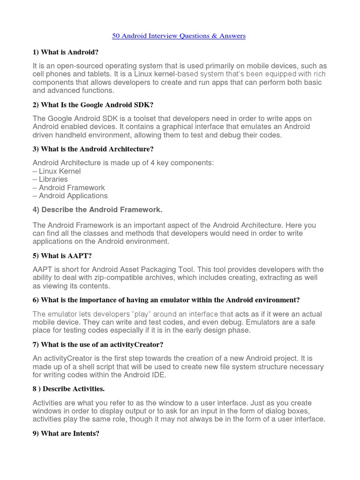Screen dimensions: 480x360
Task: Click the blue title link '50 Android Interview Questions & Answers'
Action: (x=179, y=36)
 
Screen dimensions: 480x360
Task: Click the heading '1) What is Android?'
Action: (x=66, y=52)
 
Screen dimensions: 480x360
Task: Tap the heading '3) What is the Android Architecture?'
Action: (x=93, y=149)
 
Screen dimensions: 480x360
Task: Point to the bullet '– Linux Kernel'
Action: (x=57, y=171)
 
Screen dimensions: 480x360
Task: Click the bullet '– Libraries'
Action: (x=50, y=179)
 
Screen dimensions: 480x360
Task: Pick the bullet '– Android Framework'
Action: (x=69, y=187)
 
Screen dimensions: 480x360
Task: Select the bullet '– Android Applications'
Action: (x=70, y=196)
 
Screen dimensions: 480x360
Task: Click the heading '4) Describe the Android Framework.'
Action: (x=97, y=210)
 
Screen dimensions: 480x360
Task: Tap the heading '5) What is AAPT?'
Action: (x=62, y=256)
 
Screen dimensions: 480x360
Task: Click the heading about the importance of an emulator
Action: (x=166, y=300)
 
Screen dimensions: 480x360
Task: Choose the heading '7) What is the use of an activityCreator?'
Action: (x=98, y=345)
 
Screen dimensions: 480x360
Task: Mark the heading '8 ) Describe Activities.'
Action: (x=68, y=389)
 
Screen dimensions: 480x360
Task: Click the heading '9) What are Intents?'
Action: (x=66, y=434)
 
